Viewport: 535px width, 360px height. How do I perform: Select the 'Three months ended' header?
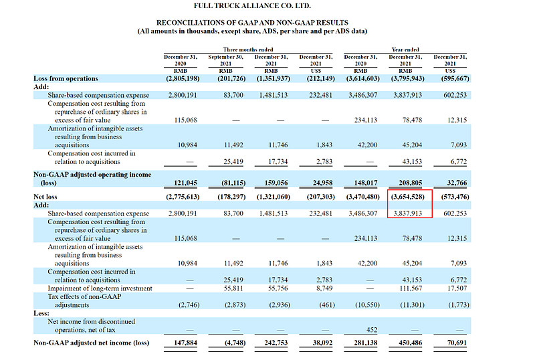point(248,50)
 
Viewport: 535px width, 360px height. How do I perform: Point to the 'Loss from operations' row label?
point(66,78)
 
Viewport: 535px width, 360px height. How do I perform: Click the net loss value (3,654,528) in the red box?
point(406,197)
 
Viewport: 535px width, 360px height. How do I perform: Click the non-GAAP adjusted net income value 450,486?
point(409,343)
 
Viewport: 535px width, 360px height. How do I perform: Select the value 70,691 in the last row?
point(452,343)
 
